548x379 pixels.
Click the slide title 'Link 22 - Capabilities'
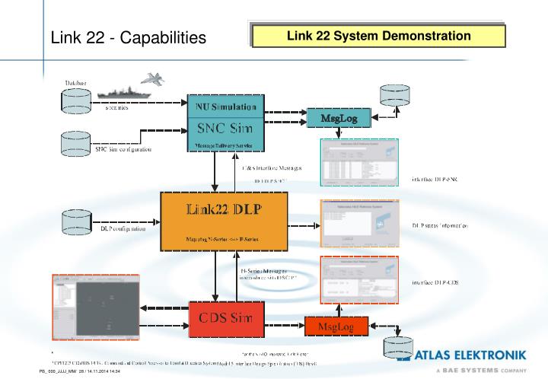[x=128, y=37]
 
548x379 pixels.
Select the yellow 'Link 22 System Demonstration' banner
[x=378, y=36]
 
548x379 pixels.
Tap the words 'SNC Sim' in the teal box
[x=225, y=126]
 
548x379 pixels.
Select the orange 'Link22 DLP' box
[x=225, y=218]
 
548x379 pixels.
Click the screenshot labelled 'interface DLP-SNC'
[x=360, y=162]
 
